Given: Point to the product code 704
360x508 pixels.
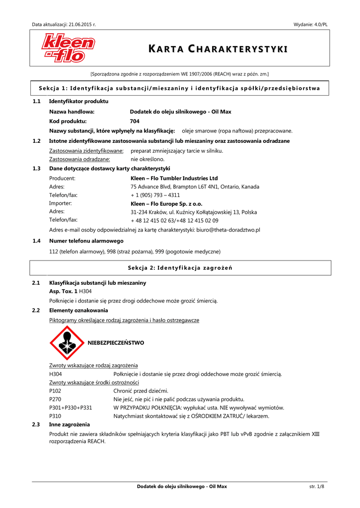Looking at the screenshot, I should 135,121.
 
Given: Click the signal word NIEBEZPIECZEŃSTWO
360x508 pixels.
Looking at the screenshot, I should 116,343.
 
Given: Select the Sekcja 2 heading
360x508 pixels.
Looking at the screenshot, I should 180,268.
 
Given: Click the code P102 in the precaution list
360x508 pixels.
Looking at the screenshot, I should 56,390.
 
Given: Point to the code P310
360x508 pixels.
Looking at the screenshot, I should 56,416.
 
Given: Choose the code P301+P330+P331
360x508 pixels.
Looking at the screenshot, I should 71,407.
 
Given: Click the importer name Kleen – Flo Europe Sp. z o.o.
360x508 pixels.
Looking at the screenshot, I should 166,203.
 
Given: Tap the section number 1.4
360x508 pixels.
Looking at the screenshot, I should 36,241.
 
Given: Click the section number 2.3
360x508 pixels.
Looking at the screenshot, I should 36,425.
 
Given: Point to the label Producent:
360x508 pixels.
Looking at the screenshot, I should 62,178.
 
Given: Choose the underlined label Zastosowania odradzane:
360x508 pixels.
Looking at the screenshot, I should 86,159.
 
